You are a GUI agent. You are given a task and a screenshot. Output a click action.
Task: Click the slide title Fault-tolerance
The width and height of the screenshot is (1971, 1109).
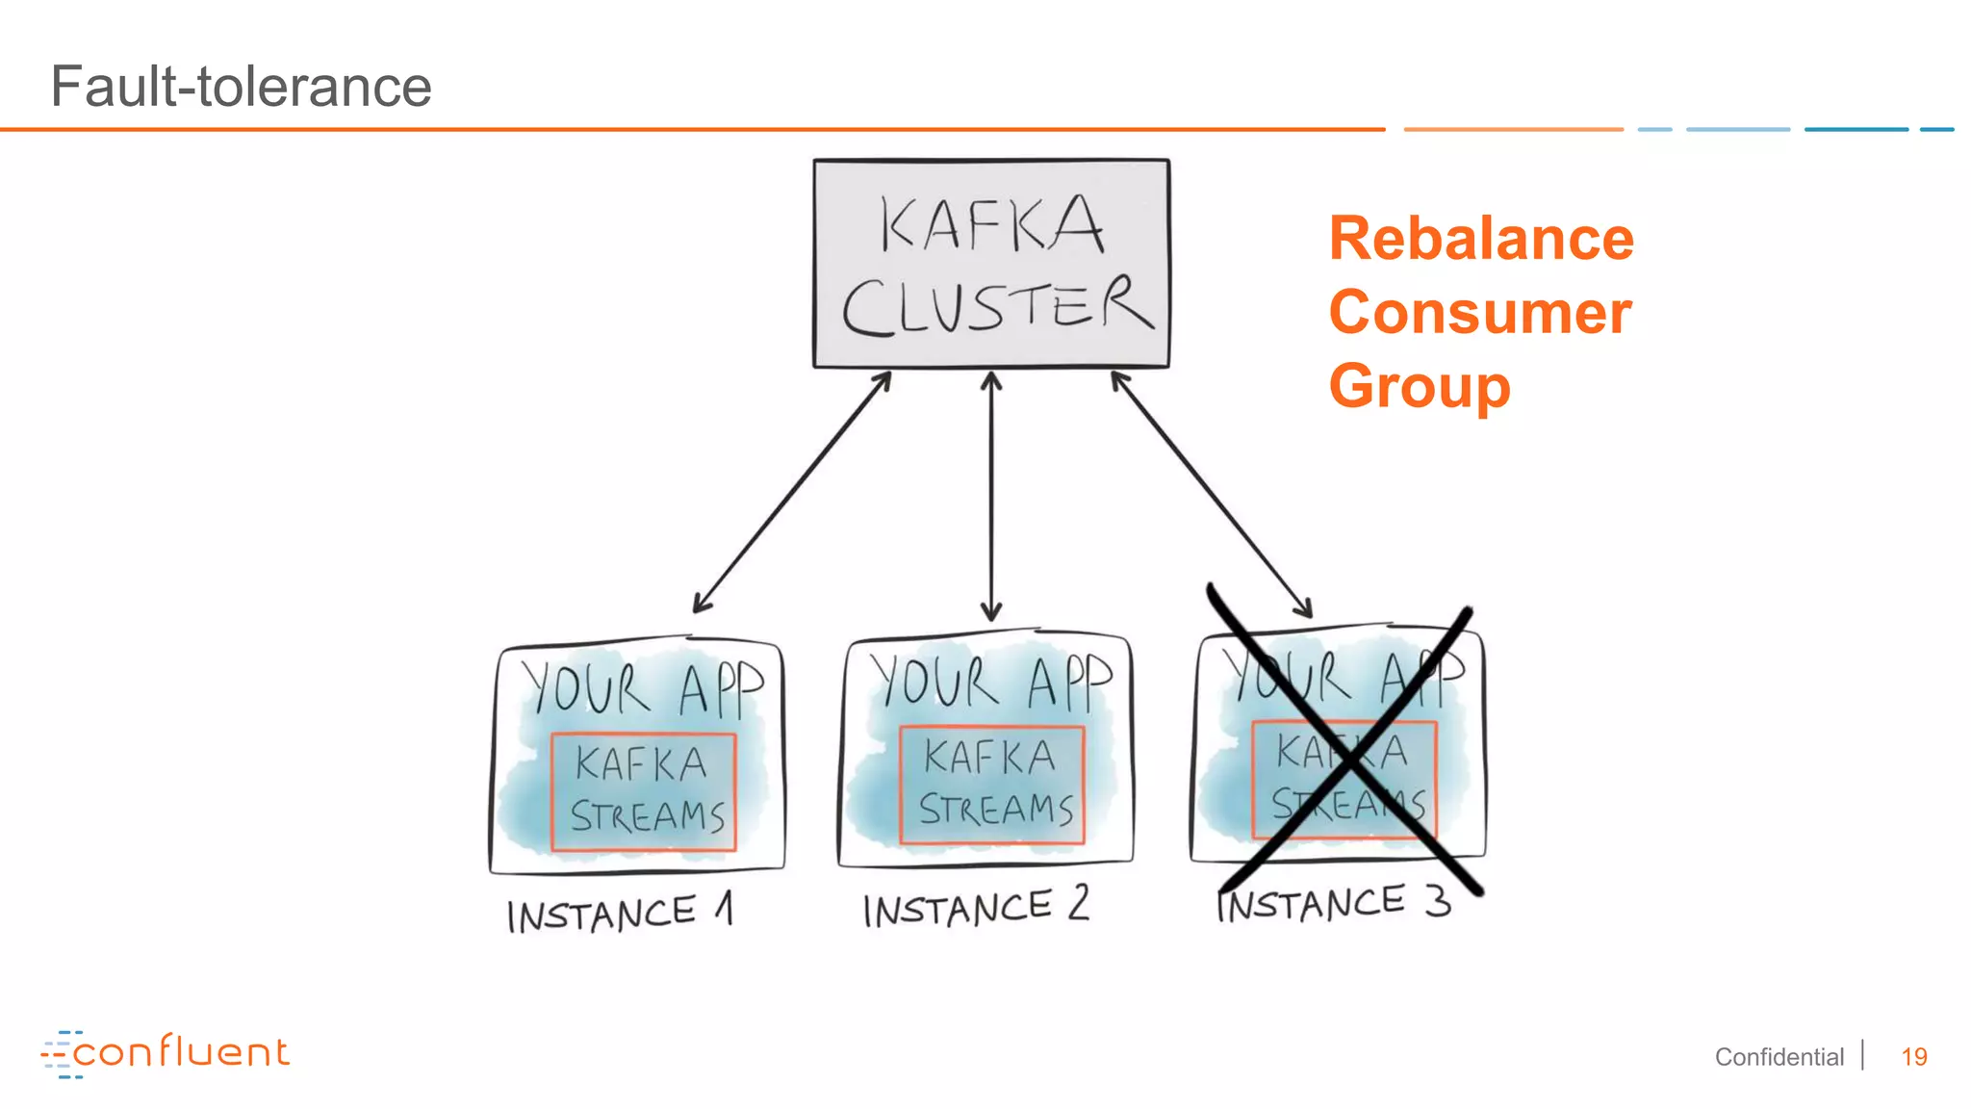point(241,87)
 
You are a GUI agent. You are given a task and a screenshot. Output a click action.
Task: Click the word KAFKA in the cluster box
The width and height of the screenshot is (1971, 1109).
point(991,224)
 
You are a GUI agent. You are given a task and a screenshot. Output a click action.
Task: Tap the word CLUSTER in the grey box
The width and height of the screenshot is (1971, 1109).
point(996,306)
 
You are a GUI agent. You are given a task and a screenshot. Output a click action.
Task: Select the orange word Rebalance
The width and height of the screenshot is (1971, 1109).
point(1480,239)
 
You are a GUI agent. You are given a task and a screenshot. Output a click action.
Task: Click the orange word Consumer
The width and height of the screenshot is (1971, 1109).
point(1479,313)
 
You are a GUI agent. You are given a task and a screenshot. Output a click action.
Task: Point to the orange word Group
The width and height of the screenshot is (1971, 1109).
point(1419,386)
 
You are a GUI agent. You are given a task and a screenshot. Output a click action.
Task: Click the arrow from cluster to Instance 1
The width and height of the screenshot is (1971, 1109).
point(791,493)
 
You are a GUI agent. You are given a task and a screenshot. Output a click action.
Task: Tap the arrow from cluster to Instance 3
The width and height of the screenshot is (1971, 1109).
point(1211,493)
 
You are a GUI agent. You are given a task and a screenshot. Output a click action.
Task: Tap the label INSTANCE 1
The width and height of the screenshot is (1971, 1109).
point(619,914)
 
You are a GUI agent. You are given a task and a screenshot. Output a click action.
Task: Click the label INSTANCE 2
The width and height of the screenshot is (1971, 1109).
point(975,908)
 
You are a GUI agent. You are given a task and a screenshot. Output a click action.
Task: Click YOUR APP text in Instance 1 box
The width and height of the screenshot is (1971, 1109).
point(642,689)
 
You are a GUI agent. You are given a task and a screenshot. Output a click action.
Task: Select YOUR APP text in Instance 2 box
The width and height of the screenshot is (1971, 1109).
point(990,682)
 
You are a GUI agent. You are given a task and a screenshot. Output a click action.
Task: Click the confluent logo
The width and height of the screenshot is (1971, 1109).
point(166,1053)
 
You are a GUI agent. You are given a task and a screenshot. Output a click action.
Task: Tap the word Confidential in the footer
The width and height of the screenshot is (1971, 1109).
point(1779,1057)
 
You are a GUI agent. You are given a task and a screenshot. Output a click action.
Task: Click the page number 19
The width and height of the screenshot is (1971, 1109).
point(1913,1057)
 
